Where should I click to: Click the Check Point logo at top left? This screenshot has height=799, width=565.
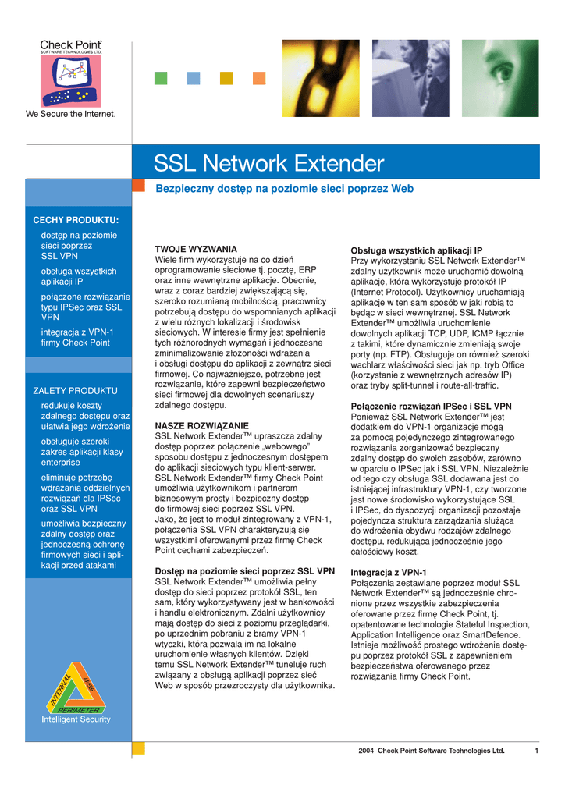pos(71,73)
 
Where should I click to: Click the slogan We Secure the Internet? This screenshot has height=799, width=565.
pos(71,114)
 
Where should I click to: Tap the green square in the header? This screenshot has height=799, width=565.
pos(161,78)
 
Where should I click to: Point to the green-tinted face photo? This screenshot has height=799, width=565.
pos(510,78)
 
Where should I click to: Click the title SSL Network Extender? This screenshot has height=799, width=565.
pos(268,164)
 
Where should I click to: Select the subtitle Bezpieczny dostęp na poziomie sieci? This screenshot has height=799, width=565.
pos(285,189)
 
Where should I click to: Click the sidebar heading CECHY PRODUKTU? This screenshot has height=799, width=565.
pos(76,220)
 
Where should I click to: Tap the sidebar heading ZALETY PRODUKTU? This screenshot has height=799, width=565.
pos(75,390)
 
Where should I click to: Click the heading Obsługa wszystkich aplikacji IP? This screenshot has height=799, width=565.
pos(417,250)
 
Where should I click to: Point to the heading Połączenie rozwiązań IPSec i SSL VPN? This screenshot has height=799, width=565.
pos(431,407)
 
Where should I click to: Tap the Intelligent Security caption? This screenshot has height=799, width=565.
pos(76,719)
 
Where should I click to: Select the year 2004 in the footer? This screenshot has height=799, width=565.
pos(366,751)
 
